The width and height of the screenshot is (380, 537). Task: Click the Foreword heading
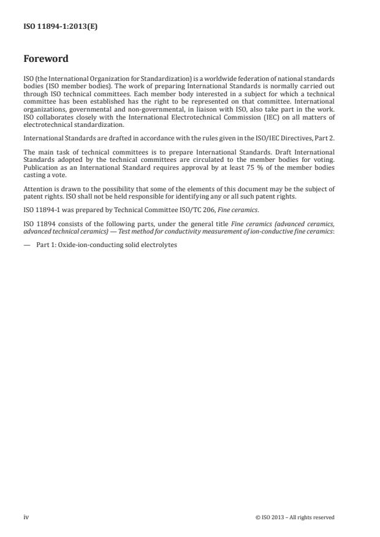coord(46,59)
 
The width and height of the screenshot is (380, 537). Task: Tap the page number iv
coord(26,517)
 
